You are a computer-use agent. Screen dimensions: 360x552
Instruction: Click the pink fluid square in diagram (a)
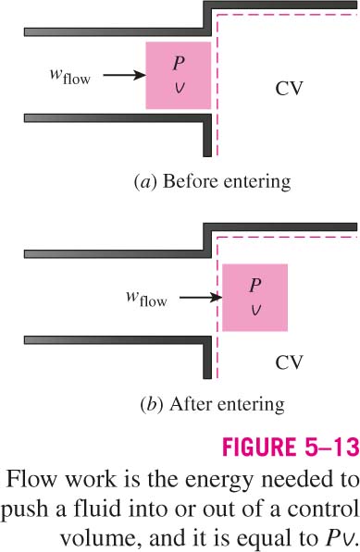coord(179,75)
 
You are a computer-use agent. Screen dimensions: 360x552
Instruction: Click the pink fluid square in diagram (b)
coord(254,298)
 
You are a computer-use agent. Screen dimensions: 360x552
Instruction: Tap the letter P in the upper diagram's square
coord(179,64)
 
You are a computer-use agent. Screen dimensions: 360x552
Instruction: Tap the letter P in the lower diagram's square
coord(255,285)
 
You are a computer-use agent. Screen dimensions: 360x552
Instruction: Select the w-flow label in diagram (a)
coord(70,77)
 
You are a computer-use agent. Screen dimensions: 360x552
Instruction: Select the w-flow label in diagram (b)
coord(146,299)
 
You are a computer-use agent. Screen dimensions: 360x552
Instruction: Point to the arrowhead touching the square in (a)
coord(140,75)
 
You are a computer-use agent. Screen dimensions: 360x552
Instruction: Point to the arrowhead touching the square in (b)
coord(217,298)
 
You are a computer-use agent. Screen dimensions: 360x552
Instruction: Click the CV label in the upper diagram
coord(289,89)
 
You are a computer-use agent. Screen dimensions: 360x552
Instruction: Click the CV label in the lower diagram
coord(289,362)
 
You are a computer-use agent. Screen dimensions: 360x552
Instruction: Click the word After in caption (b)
coord(192,404)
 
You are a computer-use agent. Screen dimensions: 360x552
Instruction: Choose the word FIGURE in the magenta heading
coord(256,448)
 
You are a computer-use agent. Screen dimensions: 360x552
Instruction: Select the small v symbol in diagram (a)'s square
coord(179,89)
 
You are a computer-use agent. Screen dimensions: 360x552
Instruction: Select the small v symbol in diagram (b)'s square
coord(255,311)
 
